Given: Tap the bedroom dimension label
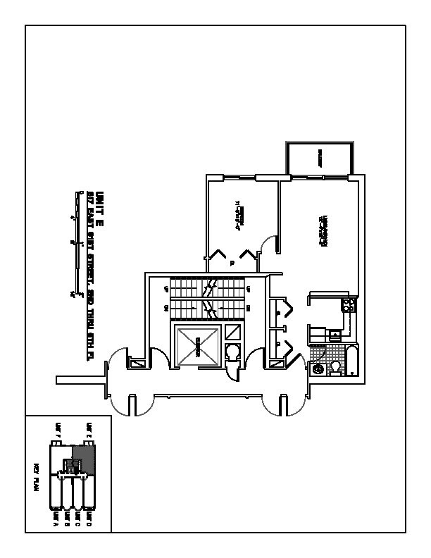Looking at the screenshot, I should coord(239,216).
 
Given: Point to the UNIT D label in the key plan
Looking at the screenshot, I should coord(88,517).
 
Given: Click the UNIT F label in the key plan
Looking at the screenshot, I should coord(58,429).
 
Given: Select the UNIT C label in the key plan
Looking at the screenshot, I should coord(77,517).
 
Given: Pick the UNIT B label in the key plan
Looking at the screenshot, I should coord(66,517).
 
